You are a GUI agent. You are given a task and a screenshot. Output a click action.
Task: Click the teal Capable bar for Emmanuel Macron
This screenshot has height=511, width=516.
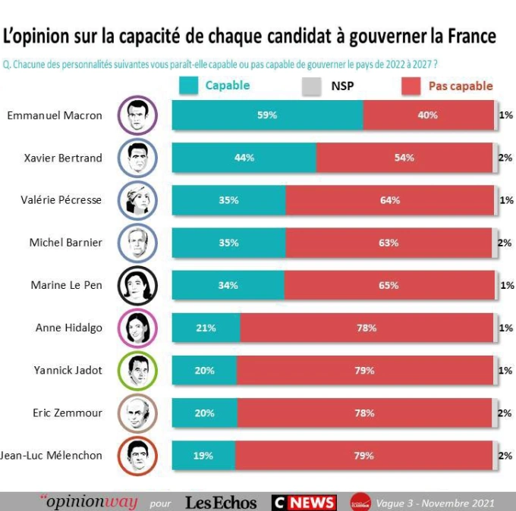point(267,115)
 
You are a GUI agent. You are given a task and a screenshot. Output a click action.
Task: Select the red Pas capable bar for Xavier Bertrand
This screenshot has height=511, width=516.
point(404,158)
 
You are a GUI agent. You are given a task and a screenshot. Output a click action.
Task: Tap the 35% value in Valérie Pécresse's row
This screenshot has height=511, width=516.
point(228,200)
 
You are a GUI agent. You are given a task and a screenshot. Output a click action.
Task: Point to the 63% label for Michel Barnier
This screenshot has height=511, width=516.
point(389,243)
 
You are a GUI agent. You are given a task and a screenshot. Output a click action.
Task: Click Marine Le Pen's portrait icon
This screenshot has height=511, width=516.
point(137,286)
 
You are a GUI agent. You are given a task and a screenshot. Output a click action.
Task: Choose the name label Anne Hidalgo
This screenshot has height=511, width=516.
point(69,328)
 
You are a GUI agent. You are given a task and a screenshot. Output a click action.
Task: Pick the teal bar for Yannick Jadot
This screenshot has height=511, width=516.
point(204,371)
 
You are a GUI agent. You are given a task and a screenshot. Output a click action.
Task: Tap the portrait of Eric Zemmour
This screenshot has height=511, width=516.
point(137,413)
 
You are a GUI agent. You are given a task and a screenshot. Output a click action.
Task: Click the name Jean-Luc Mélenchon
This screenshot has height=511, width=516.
point(51,456)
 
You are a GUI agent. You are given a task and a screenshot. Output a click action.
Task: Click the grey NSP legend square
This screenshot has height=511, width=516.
point(312,86)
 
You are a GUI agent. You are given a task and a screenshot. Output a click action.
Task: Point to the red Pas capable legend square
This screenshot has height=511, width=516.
point(411,86)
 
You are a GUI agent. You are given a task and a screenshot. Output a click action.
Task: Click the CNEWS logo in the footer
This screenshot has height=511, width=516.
point(304,502)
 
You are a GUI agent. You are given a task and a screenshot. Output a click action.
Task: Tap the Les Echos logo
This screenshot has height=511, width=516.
point(221,502)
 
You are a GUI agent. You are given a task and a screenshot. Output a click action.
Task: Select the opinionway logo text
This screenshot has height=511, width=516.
point(90,502)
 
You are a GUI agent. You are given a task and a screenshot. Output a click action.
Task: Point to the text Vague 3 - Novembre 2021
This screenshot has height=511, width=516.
point(435,503)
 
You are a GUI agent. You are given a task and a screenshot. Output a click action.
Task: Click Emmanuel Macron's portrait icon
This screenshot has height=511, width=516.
point(137,115)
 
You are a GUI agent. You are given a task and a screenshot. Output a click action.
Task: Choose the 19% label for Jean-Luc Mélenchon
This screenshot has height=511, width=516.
point(203,456)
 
